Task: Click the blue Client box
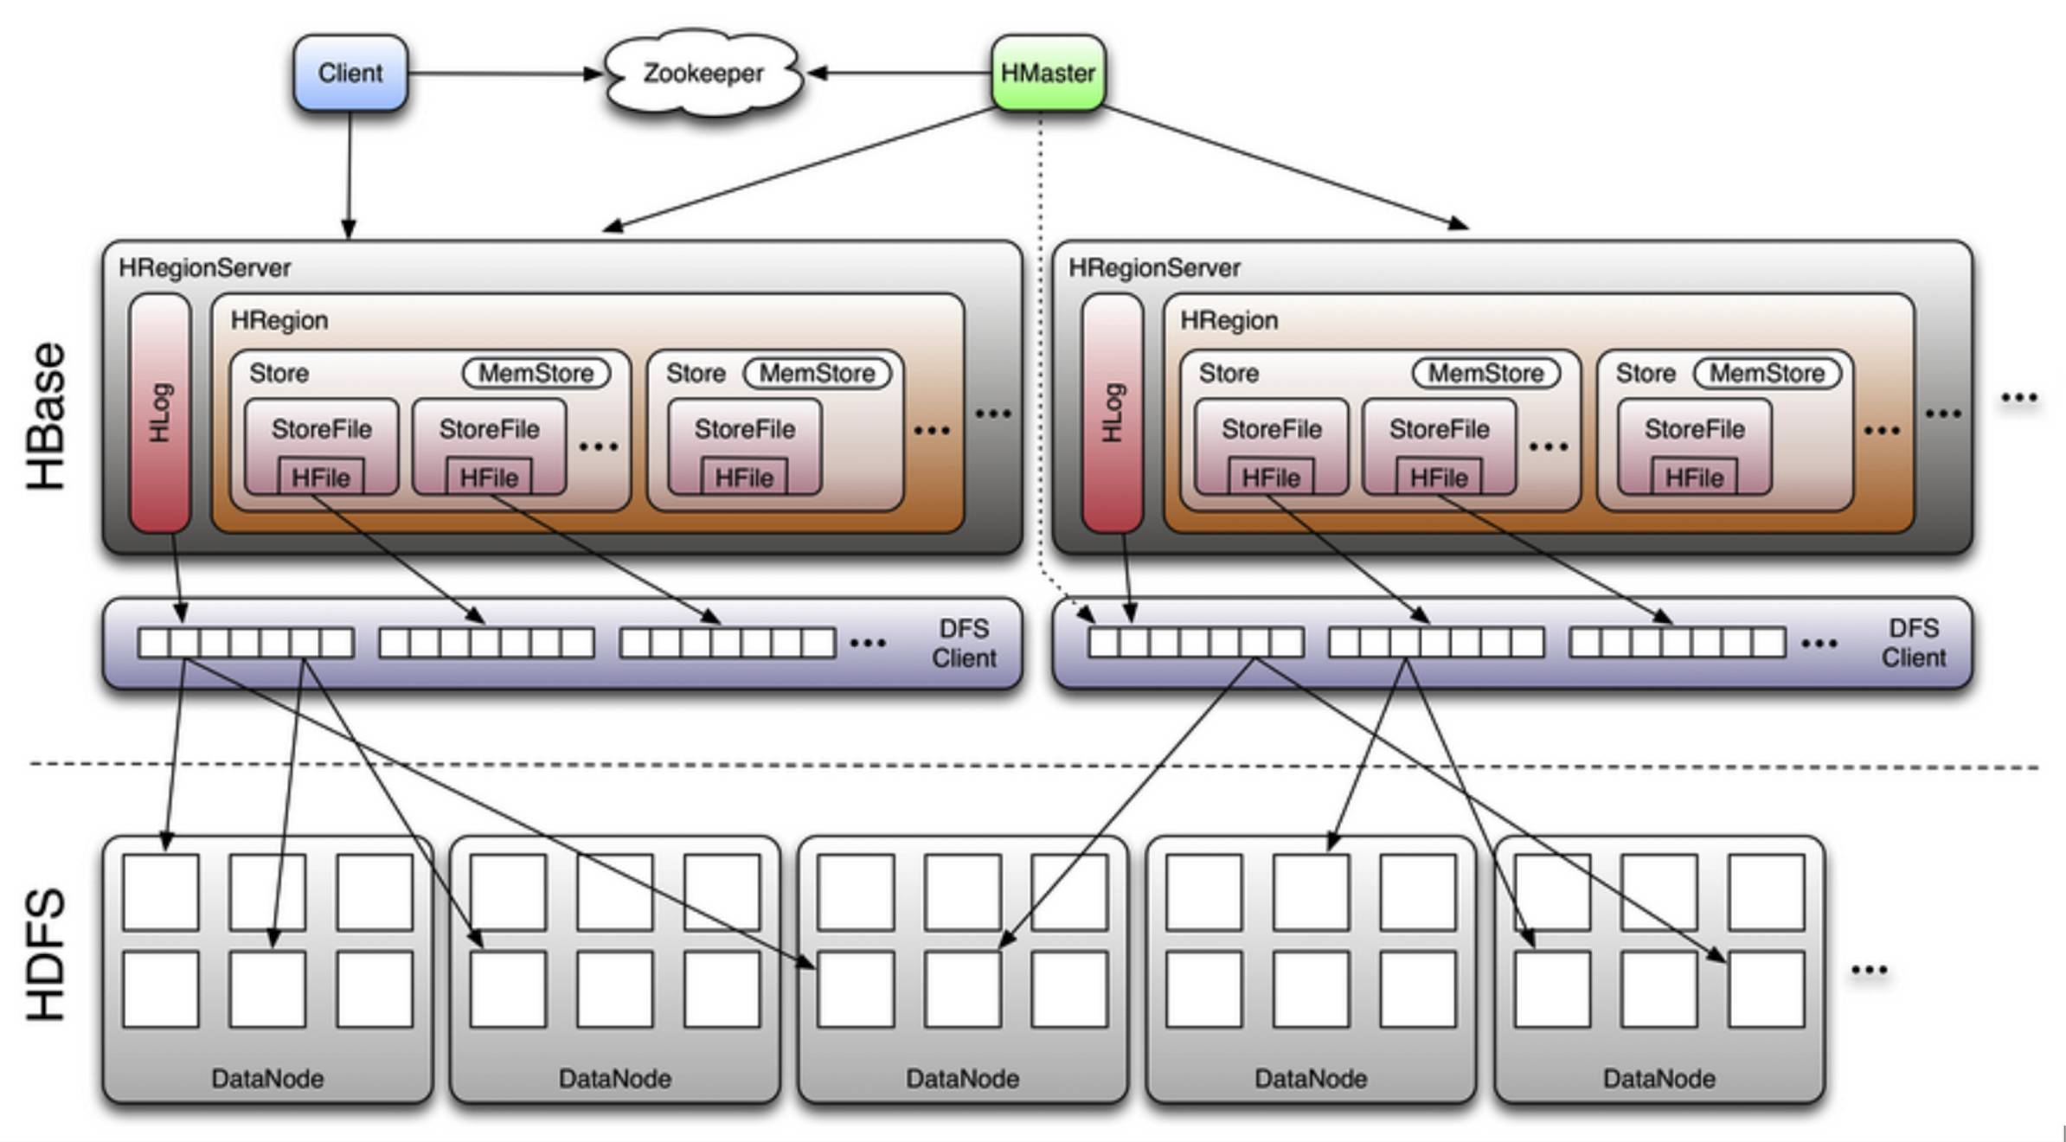(350, 74)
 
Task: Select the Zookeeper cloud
(703, 74)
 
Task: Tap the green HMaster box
(1048, 74)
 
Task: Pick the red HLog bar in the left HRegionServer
(160, 413)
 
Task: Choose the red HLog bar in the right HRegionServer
(1112, 413)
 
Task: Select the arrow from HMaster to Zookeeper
(900, 74)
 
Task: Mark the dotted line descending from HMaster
(1040, 346)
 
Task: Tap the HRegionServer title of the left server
(204, 268)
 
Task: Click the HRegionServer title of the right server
(1154, 268)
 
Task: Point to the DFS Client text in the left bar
(964, 644)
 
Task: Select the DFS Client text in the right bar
(1913, 644)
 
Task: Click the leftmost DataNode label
(267, 1079)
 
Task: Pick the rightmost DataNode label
(1659, 1079)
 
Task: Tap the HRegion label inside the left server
(279, 321)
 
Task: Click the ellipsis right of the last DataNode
(1869, 970)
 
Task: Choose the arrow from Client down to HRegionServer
(350, 173)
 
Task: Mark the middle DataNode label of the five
(962, 1079)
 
